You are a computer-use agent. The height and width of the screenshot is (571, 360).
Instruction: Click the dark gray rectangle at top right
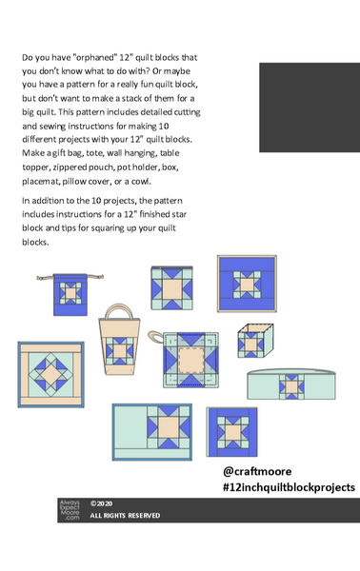309,107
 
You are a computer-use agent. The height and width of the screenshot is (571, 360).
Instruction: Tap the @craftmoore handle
256,471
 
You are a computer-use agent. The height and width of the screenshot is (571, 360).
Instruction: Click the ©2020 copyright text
102,503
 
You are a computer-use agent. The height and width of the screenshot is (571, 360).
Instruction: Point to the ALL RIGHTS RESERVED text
125,516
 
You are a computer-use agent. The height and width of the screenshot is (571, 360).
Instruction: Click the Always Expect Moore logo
70,510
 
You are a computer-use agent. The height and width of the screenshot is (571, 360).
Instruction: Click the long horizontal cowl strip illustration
289,384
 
